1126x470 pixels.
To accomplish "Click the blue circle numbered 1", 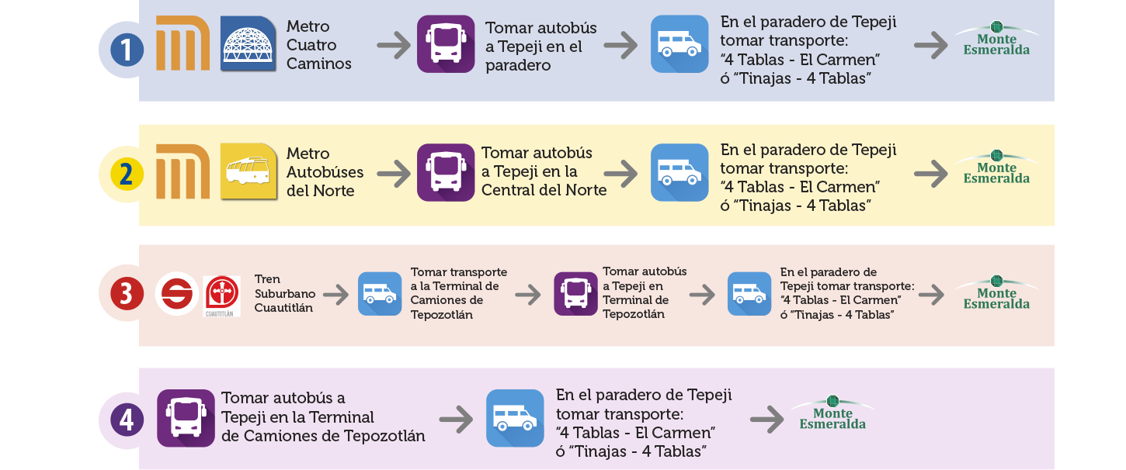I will coord(127,50).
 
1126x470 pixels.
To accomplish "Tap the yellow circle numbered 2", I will coord(127,175).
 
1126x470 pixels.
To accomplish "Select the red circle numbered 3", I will coord(127,295).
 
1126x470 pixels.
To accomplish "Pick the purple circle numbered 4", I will coord(127,420).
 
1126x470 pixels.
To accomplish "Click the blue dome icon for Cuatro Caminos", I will coord(248,43).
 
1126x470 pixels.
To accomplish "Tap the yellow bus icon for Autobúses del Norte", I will coord(248,172).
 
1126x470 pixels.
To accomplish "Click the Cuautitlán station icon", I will coord(221,295).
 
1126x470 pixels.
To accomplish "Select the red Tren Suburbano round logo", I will coord(177,295).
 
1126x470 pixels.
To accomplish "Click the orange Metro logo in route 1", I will coord(183,43).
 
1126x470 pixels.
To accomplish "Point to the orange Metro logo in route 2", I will coord(183,171).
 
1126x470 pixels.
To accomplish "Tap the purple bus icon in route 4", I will coord(186,418).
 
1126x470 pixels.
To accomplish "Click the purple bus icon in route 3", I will coord(575,294).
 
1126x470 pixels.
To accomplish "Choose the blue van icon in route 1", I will coord(679,43).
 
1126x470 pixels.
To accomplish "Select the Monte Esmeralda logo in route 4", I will coord(832,413).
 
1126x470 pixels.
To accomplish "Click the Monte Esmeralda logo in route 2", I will coord(996,168).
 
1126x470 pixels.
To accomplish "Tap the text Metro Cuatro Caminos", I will coord(318,45).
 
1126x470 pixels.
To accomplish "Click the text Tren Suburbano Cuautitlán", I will coord(283,293).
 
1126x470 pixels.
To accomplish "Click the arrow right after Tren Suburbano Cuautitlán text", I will coord(336,295).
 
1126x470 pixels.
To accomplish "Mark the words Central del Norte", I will coord(544,190).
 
